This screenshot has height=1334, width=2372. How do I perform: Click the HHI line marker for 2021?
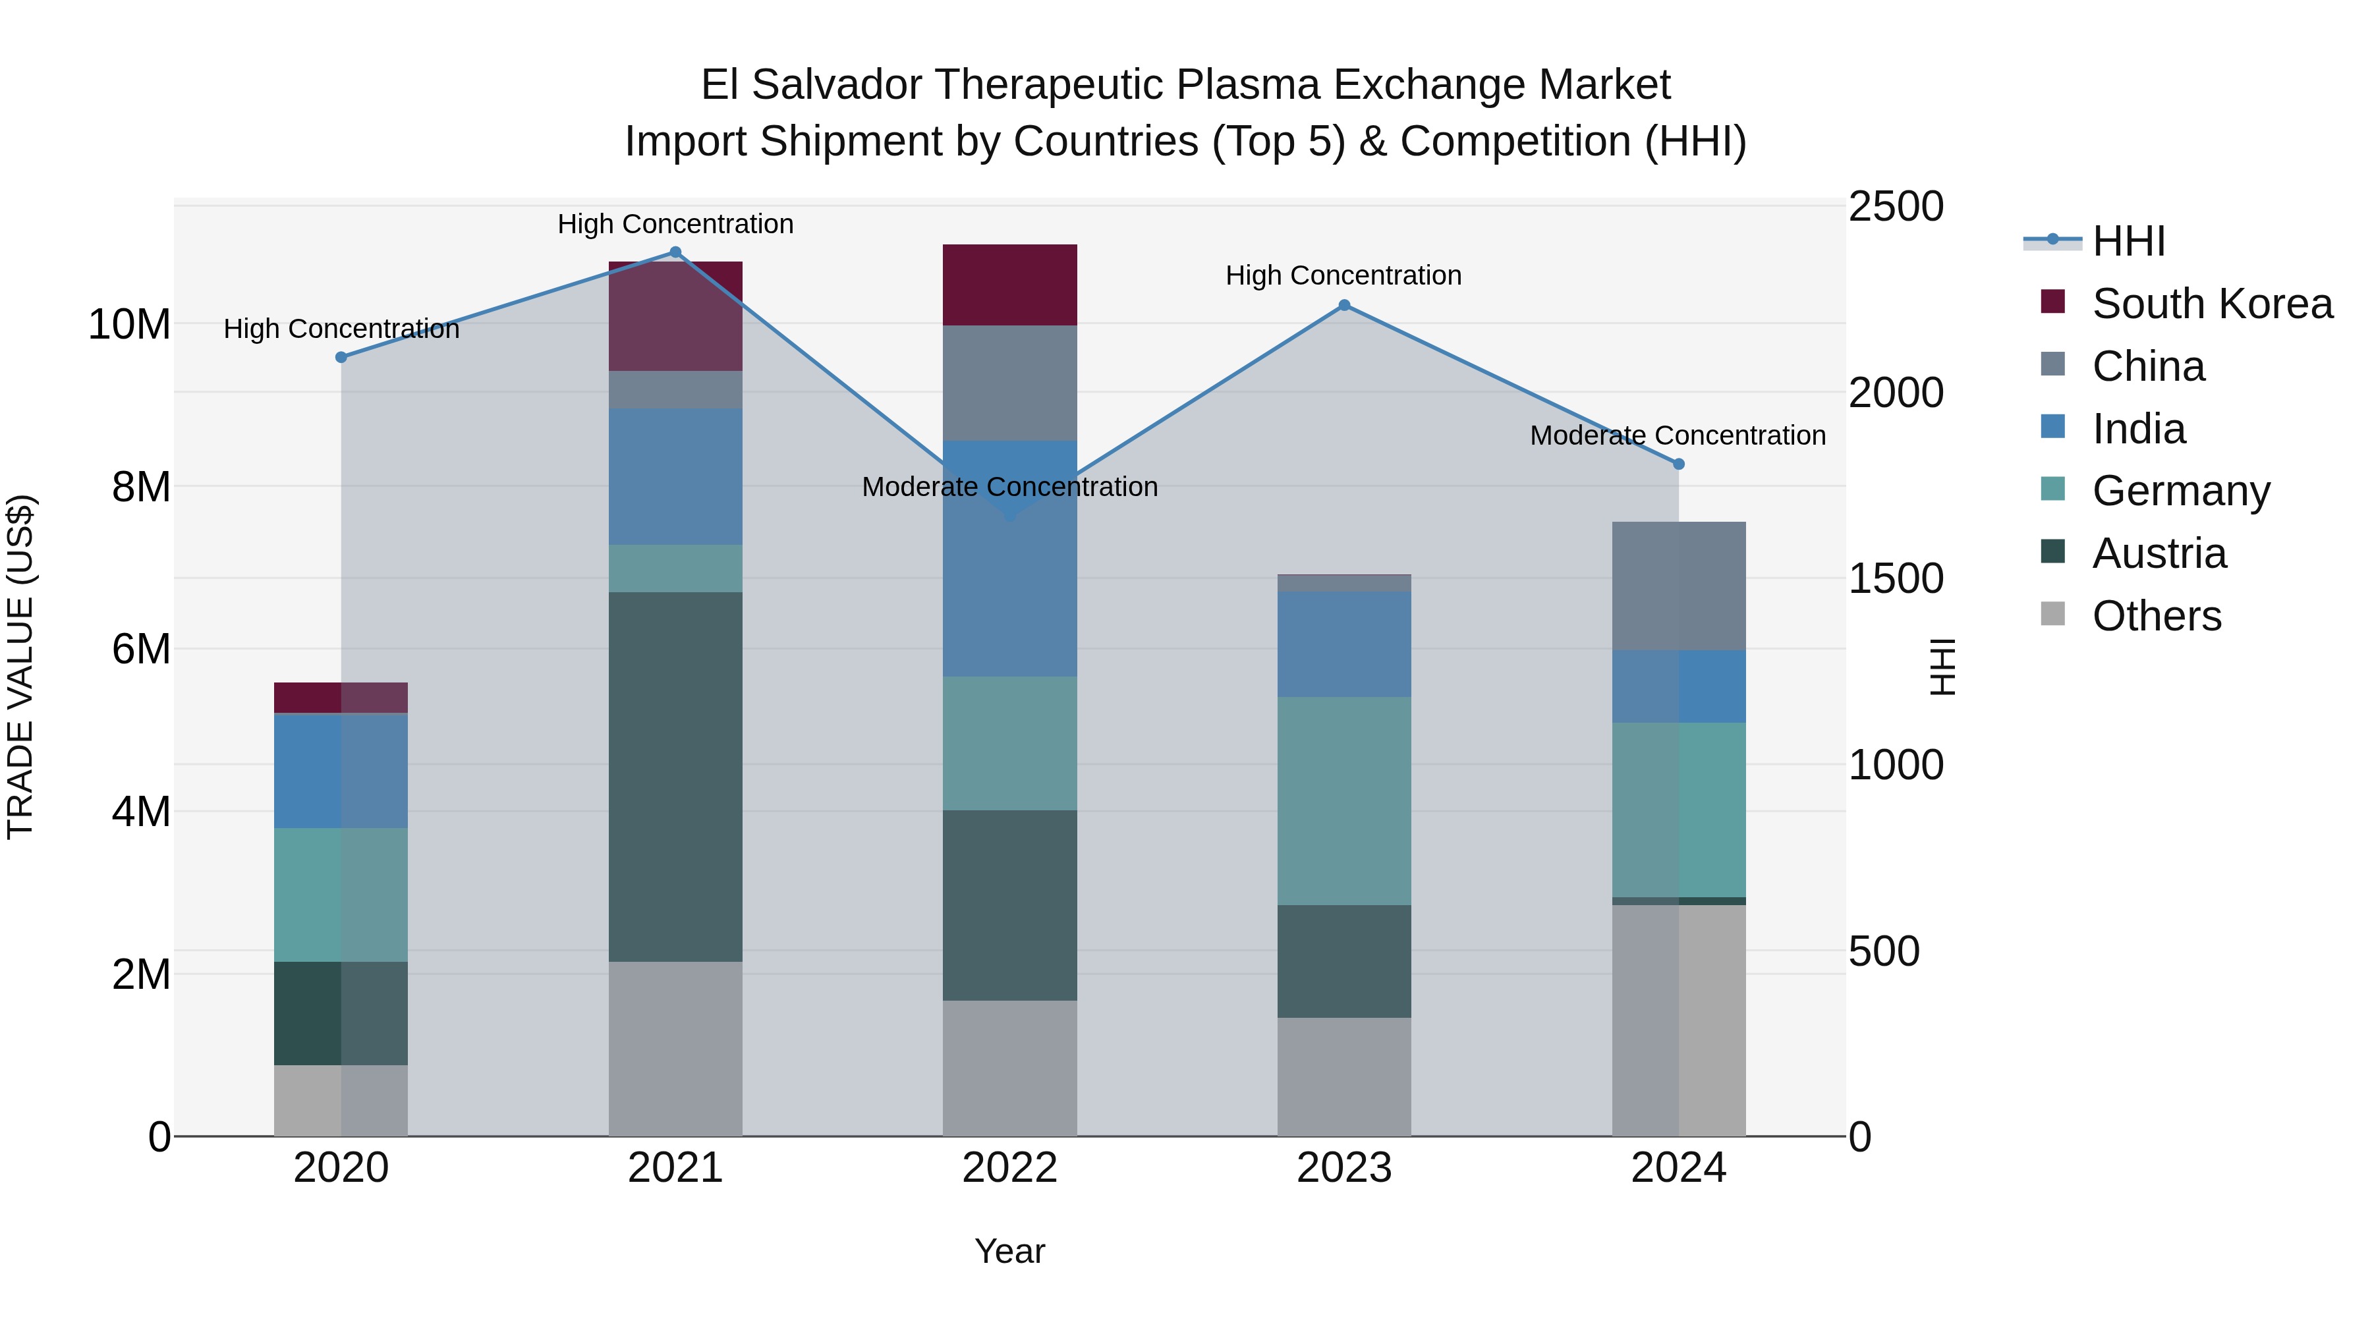[x=675, y=252]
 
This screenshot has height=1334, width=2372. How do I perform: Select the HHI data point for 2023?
[x=1343, y=305]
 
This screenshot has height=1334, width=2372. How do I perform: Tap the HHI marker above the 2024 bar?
[x=1678, y=464]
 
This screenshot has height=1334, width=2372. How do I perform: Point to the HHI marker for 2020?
[x=341, y=357]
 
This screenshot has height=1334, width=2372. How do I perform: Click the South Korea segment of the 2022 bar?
[x=1009, y=285]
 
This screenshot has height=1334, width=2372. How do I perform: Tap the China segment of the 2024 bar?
[x=1678, y=586]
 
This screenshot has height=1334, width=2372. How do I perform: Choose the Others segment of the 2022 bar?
[x=1009, y=1067]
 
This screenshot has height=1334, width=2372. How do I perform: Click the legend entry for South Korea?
[x=2212, y=304]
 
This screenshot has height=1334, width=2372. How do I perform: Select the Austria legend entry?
[x=2159, y=553]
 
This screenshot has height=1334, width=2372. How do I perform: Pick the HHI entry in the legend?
[x=2128, y=241]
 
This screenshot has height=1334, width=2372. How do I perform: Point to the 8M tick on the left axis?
[x=141, y=487]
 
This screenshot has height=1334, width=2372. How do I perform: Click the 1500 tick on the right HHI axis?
[x=1896, y=579]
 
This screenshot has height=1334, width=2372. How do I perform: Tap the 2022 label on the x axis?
[x=1009, y=1168]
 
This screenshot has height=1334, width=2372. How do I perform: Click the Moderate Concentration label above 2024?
[x=1677, y=435]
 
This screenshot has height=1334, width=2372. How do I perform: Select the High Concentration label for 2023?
[x=1343, y=275]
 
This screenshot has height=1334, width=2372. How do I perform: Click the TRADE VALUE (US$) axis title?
[x=20, y=667]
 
